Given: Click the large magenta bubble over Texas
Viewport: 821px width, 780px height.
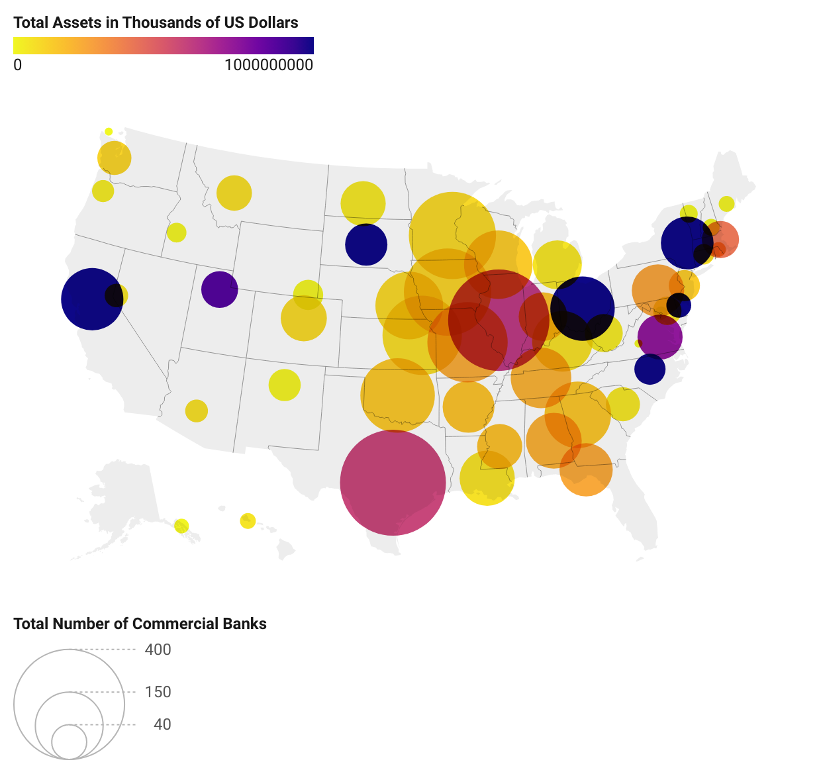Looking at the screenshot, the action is tap(393, 483).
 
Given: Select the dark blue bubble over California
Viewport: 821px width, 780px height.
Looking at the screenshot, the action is tap(92, 299).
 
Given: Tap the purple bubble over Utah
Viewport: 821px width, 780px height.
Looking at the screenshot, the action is tap(220, 289).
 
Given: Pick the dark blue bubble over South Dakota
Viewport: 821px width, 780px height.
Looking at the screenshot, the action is tap(366, 244).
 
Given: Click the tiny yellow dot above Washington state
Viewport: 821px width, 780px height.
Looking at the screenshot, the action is tap(109, 132).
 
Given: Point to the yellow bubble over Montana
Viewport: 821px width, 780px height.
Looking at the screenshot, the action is tap(234, 193).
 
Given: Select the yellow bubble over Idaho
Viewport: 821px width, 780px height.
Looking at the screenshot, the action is tap(176, 232).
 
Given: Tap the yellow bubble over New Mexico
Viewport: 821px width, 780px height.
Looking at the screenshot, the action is tap(285, 385).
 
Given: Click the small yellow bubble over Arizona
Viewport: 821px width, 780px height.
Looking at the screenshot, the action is tap(196, 411).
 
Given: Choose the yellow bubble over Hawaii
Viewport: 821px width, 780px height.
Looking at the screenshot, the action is tap(248, 520).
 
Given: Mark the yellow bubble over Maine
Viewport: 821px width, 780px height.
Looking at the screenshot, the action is tap(726, 204).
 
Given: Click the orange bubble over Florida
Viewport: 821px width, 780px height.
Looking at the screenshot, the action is tap(586, 469).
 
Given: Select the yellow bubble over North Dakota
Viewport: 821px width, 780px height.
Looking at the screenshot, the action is tap(363, 203).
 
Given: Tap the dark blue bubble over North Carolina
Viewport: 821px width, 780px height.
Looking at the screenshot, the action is tap(650, 369).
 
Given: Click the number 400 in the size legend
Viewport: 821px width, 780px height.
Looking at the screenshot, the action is tap(158, 650).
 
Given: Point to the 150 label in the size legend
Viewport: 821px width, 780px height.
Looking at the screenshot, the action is tap(158, 692).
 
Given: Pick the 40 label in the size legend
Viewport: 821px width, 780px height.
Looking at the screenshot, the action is tap(162, 724).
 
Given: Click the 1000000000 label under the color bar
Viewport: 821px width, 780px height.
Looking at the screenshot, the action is tap(269, 65).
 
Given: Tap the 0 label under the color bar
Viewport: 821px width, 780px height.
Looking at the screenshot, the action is tap(17, 65).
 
